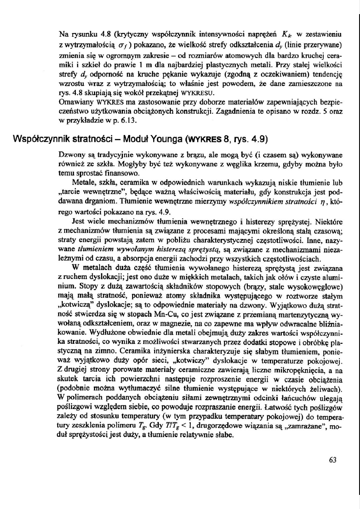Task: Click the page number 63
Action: click(x=332, y=460)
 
